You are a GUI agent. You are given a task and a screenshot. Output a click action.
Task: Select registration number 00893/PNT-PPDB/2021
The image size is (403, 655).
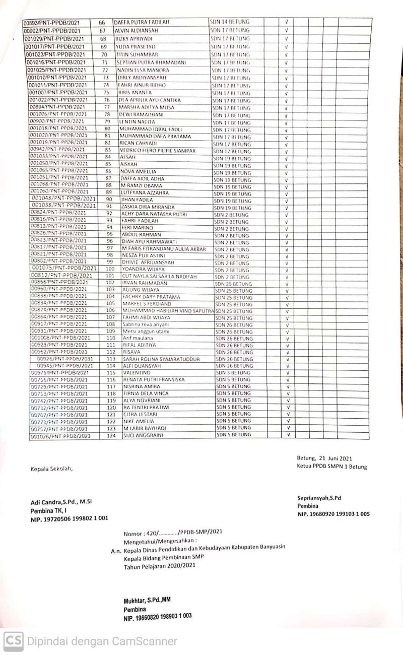55,23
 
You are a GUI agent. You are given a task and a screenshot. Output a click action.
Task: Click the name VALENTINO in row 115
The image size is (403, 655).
138,373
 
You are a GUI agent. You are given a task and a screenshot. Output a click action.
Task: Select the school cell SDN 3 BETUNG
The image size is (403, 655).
232,372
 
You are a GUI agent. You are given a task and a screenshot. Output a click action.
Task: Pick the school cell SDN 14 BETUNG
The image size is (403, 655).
230,22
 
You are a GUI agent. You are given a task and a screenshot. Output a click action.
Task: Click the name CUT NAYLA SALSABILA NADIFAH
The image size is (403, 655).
163,277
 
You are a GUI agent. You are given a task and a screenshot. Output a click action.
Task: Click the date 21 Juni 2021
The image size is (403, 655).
335,458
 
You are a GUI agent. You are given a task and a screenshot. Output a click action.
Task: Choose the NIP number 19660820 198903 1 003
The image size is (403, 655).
158,617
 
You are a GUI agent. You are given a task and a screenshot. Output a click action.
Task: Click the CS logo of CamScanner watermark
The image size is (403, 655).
13,641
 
